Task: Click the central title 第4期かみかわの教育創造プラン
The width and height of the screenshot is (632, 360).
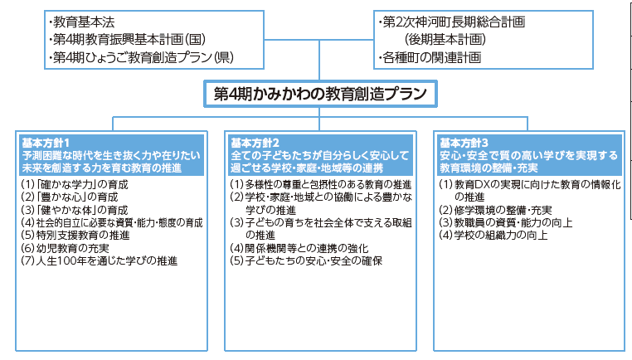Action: tap(320, 94)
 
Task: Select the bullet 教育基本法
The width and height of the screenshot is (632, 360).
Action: tap(81, 22)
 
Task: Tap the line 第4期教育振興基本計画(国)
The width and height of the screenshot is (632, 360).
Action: tap(127, 40)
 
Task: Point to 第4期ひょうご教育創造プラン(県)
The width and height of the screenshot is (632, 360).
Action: tap(141, 57)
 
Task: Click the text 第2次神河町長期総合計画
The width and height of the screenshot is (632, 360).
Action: tap(452, 22)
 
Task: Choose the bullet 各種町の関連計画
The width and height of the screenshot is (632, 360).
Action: tap(430, 57)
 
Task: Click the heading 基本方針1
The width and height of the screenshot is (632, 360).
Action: tap(46, 144)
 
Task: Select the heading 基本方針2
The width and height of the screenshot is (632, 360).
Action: tap(255, 144)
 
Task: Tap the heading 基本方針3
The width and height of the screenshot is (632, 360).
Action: tap(464, 144)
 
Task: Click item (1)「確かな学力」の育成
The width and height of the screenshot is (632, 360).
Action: tap(75, 185)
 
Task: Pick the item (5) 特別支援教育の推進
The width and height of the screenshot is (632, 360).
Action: tap(75, 235)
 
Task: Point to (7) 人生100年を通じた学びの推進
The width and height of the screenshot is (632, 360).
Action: tap(100, 260)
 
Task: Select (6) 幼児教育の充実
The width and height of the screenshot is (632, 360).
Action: tap(65, 248)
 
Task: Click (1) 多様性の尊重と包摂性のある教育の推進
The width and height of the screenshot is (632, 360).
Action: tap(321, 185)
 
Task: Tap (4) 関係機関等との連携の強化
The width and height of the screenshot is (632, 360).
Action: tap(299, 248)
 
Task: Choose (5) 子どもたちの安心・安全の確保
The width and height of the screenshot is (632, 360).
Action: tap(306, 260)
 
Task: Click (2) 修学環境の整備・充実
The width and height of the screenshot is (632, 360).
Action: tap(495, 210)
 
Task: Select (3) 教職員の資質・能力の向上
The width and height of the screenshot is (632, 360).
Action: tap(506, 222)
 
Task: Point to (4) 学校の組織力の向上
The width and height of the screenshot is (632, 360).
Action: tap(493, 235)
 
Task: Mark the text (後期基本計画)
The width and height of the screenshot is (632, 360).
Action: tap(445, 40)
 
